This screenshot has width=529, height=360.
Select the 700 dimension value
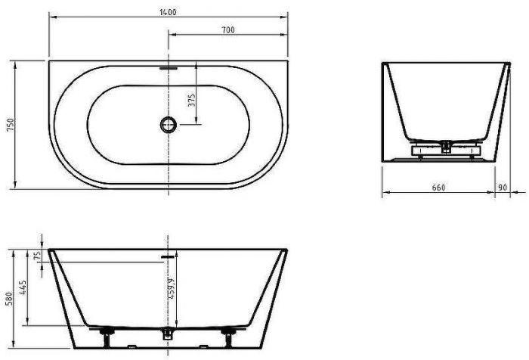coord(228,29)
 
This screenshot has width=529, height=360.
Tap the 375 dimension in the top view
coord(191,101)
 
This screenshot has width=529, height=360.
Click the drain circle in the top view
coord(167,124)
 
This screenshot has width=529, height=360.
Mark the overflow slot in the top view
coord(167,66)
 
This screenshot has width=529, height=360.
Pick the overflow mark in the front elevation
coord(167,256)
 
